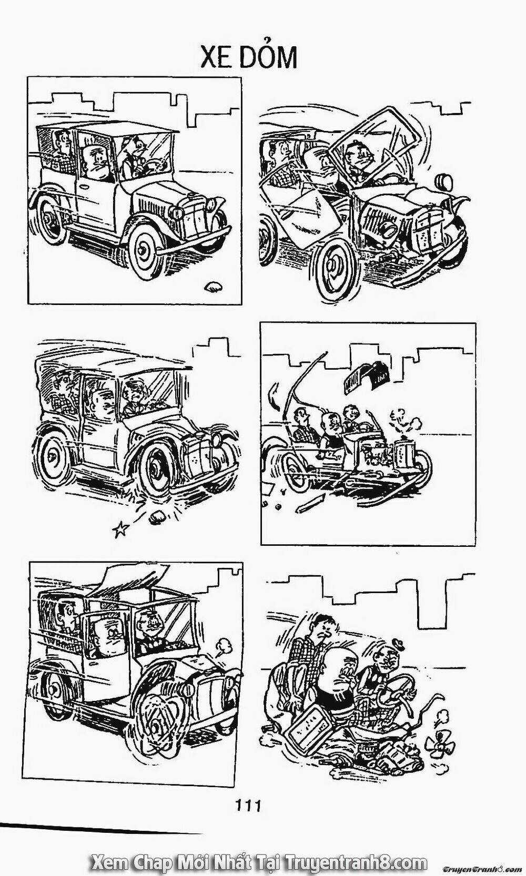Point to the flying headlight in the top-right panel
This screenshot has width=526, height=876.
pyautogui.click(x=444, y=181)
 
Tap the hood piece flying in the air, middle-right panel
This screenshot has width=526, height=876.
pyautogui.click(x=365, y=376)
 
